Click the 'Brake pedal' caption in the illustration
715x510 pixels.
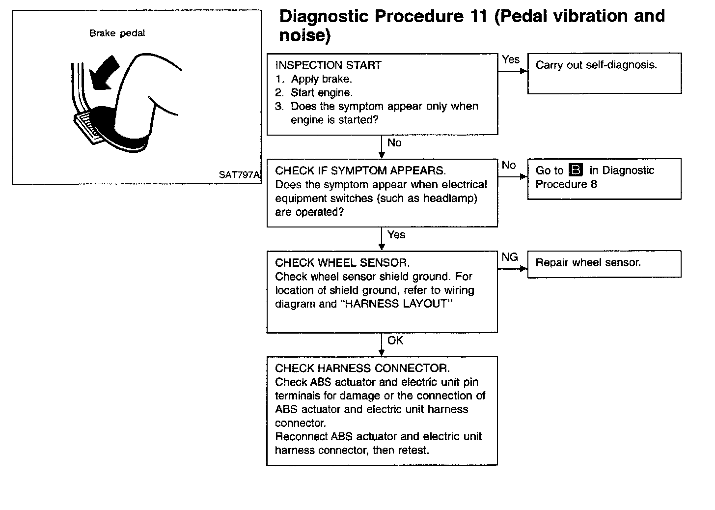coord(117,33)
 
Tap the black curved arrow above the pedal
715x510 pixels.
coord(107,74)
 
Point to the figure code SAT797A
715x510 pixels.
coord(239,174)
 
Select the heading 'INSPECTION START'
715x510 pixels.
coord(328,65)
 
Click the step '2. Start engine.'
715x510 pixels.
coord(314,93)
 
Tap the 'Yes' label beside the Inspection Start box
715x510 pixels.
coord(511,59)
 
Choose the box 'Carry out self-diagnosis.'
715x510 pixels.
coord(604,73)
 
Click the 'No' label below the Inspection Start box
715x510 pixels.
coord(394,143)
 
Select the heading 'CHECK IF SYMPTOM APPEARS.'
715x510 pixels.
coord(360,171)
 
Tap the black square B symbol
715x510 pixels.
coord(576,170)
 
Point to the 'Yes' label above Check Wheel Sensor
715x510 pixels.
coord(396,235)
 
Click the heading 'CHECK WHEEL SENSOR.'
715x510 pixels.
coord(342,263)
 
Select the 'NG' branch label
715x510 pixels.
coord(510,257)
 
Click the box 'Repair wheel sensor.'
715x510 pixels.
coord(604,264)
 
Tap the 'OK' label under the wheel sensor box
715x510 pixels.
coord(395,340)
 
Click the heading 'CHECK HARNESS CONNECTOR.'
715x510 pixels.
coord(362,368)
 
